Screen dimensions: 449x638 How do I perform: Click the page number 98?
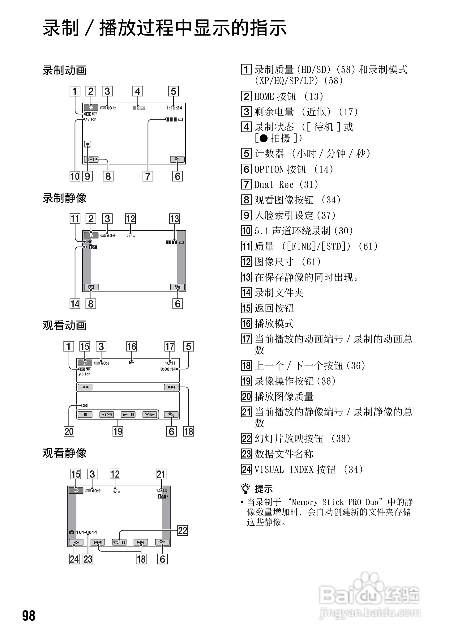pos(29,615)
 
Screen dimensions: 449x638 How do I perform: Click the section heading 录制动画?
pos(64,70)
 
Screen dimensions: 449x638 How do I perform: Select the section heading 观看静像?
pos(64,453)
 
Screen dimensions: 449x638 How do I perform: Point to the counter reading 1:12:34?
pos(174,108)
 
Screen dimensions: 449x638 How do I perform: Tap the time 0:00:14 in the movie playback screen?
pos(168,369)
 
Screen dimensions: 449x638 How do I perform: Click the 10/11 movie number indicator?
pos(170,363)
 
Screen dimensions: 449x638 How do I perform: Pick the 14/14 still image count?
pos(161,491)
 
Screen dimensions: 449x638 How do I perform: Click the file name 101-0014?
pos(87,532)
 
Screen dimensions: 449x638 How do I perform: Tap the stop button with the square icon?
pos(85,415)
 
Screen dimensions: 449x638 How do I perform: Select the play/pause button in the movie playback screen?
pos(128,415)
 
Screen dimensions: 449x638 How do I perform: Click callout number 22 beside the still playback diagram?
pos(182,530)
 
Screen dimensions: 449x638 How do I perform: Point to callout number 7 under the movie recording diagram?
pos(148,176)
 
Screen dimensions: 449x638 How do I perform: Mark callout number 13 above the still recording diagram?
pos(174,219)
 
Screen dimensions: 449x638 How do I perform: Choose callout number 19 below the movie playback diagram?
pos(118,431)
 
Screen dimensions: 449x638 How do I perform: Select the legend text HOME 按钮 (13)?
pos(289,96)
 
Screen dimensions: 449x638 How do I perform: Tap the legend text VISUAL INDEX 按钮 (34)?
pos(308,469)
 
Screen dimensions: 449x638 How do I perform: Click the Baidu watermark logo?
pos(368,595)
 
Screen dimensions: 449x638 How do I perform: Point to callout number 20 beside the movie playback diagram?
pos(69,431)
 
